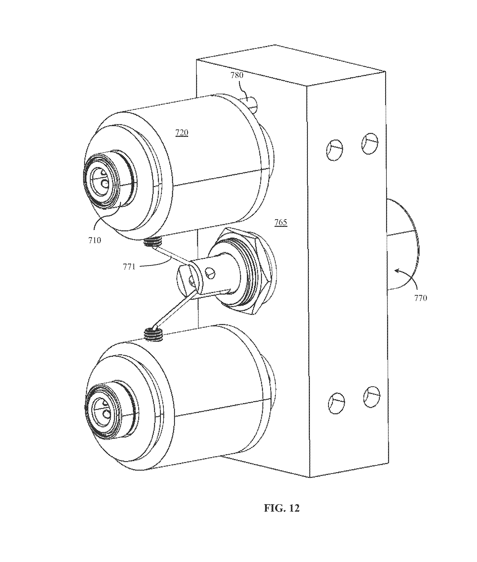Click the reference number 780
click(x=237, y=75)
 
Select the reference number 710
click(x=95, y=240)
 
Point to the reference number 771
click(x=129, y=267)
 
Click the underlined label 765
click(x=281, y=223)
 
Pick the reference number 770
click(x=421, y=298)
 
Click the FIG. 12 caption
click(x=282, y=508)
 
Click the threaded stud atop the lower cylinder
click(x=153, y=334)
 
